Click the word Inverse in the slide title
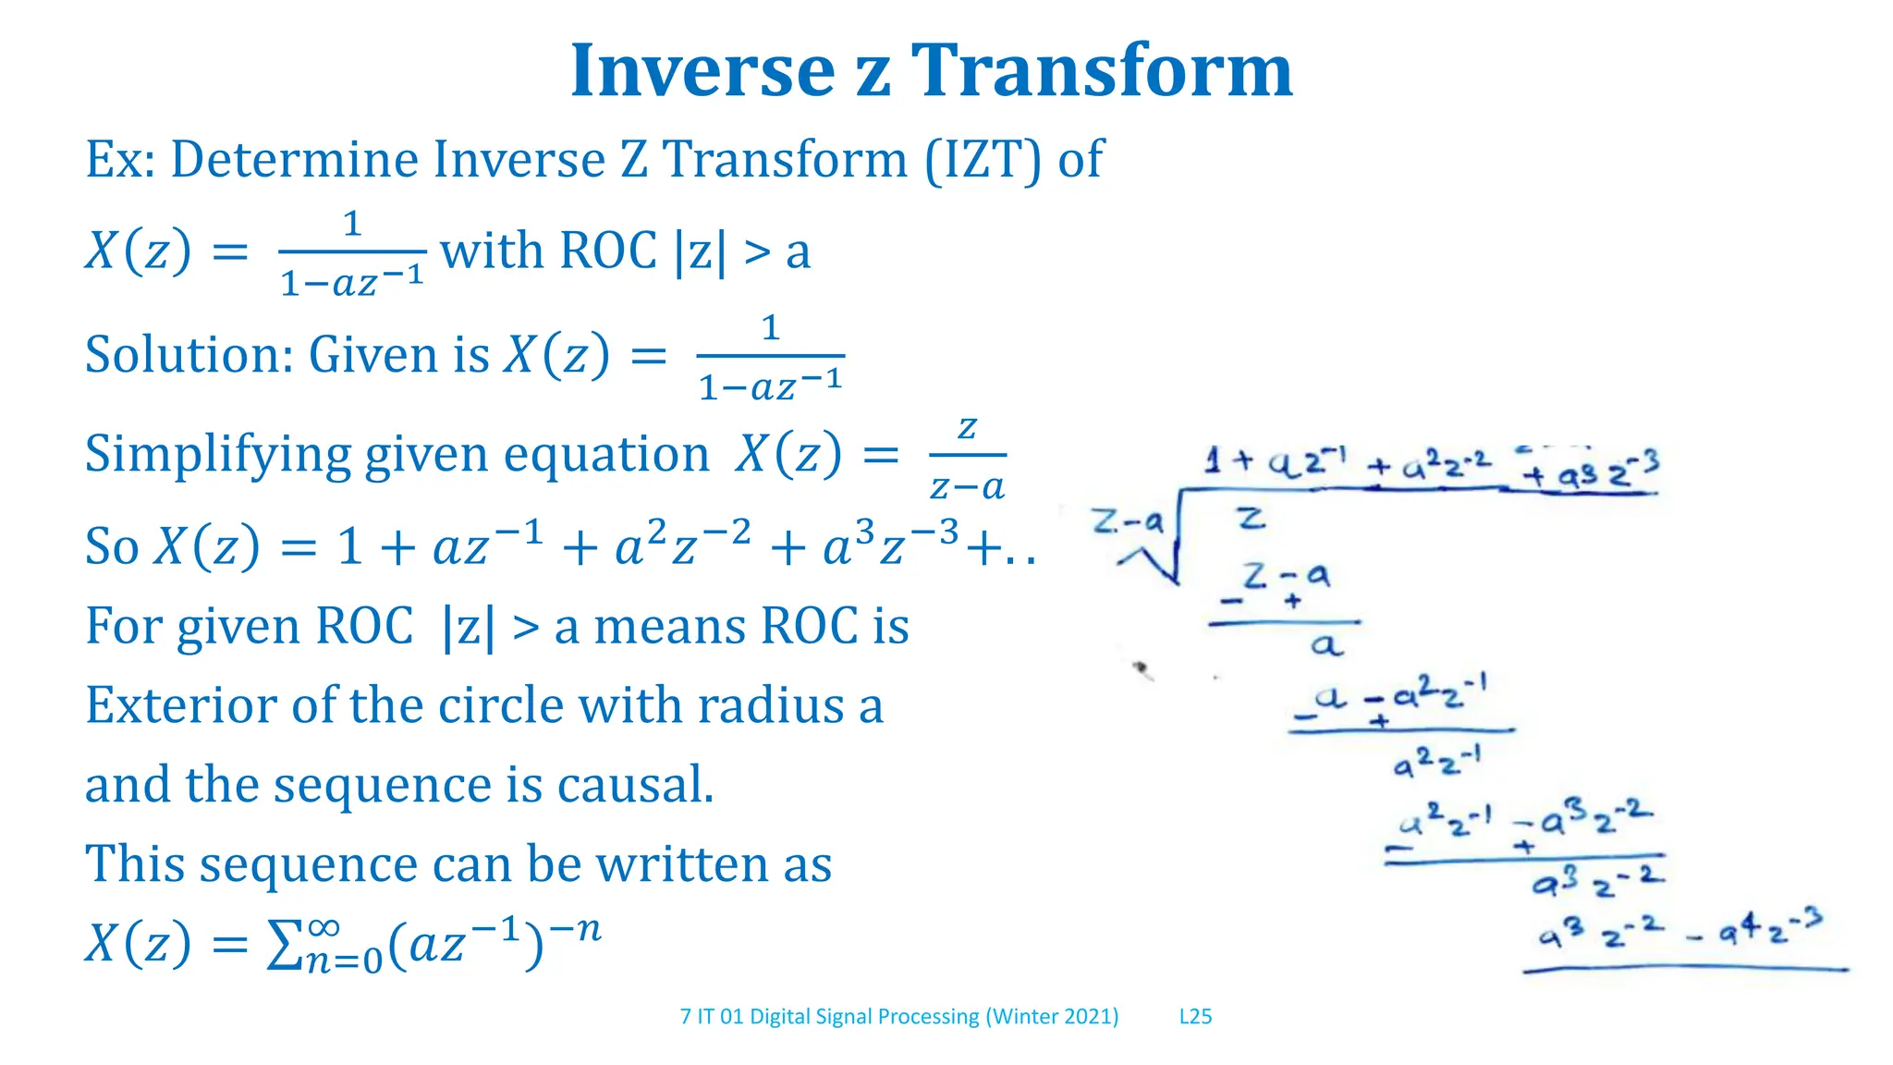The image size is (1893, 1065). tap(702, 71)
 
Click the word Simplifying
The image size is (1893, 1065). tap(216, 455)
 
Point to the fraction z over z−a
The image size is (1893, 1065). tap(967, 458)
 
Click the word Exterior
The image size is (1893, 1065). tap(180, 706)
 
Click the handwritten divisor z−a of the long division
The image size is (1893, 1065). tap(1127, 522)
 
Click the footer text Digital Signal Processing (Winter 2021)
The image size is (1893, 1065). tap(934, 1017)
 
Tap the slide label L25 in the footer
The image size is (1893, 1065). tap(1195, 1017)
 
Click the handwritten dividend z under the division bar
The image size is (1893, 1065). tap(1251, 519)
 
